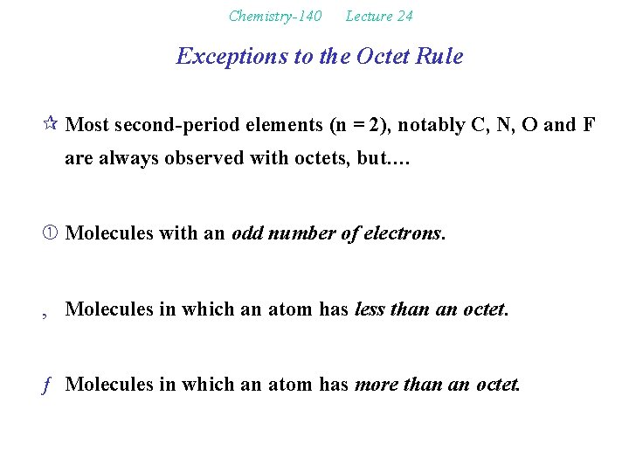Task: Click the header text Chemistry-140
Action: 275,16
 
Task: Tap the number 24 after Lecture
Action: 404,16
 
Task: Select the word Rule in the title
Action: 441,57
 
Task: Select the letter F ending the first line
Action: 589,125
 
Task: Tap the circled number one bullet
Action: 52,233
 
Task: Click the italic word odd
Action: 247,233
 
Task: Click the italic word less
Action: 368,309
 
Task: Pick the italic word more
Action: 373,384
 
